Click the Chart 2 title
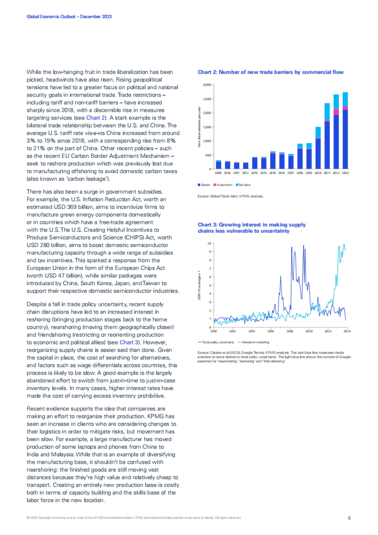[x=270, y=72]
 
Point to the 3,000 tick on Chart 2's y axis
[x=207, y=85]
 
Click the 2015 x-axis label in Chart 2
[x=272, y=173]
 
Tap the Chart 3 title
[x=251, y=228]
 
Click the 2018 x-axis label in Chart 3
[x=290, y=331]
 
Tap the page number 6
[x=349, y=518]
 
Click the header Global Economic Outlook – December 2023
[x=69, y=17]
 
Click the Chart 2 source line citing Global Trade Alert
[x=230, y=196]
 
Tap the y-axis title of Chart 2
[x=199, y=127]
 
